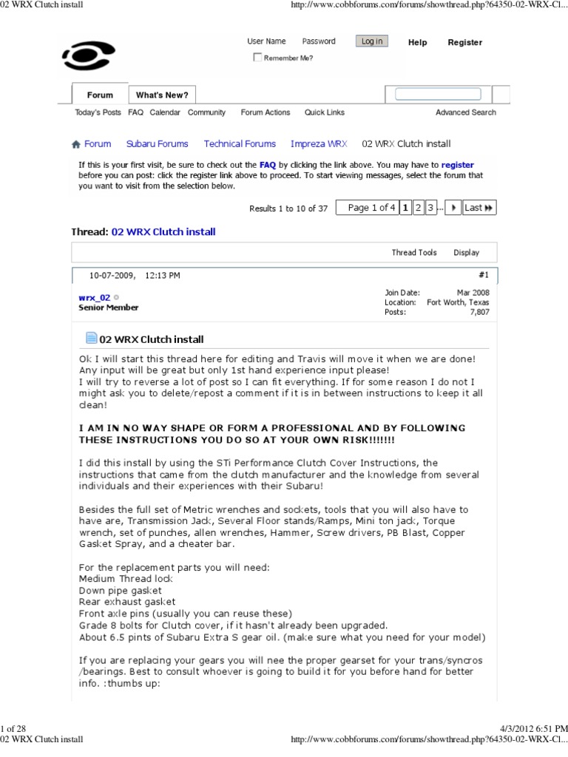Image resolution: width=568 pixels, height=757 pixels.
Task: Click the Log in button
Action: click(x=371, y=41)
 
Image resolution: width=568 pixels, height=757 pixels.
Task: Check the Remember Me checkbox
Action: click(x=257, y=58)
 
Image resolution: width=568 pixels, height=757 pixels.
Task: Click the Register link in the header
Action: click(x=464, y=42)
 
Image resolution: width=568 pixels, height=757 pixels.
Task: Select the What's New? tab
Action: click(x=162, y=95)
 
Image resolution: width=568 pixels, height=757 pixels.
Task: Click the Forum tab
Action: click(x=100, y=95)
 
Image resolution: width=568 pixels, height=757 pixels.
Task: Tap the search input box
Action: click(x=438, y=94)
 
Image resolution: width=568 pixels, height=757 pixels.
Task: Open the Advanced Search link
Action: click(x=465, y=112)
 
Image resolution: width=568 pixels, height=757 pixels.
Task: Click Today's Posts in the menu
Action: click(x=98, y=112)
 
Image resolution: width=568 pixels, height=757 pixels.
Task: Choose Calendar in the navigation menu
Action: click(x=165, y=112)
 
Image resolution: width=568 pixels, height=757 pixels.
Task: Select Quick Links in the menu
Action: click(x=324, y=112)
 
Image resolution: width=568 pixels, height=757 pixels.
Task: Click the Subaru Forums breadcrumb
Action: click(x=157, y=144)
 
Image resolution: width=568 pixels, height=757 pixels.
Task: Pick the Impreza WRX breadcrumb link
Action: click(x=318, y=144)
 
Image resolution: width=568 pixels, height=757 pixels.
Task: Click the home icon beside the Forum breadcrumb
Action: click(x=75, y=145)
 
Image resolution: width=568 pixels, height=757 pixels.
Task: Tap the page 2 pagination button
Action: click(x=419, y=208)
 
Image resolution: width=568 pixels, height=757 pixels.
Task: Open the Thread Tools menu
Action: click(x=414, y=253)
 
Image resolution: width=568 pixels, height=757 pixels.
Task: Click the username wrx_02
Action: click(x=95, y=297)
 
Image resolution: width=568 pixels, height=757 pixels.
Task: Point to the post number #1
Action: click(x=484, y=275)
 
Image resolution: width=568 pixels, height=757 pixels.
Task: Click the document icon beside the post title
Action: click(x=92, y=339)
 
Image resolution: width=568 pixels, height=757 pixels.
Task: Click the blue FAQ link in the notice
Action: click(x=267, y=165)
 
